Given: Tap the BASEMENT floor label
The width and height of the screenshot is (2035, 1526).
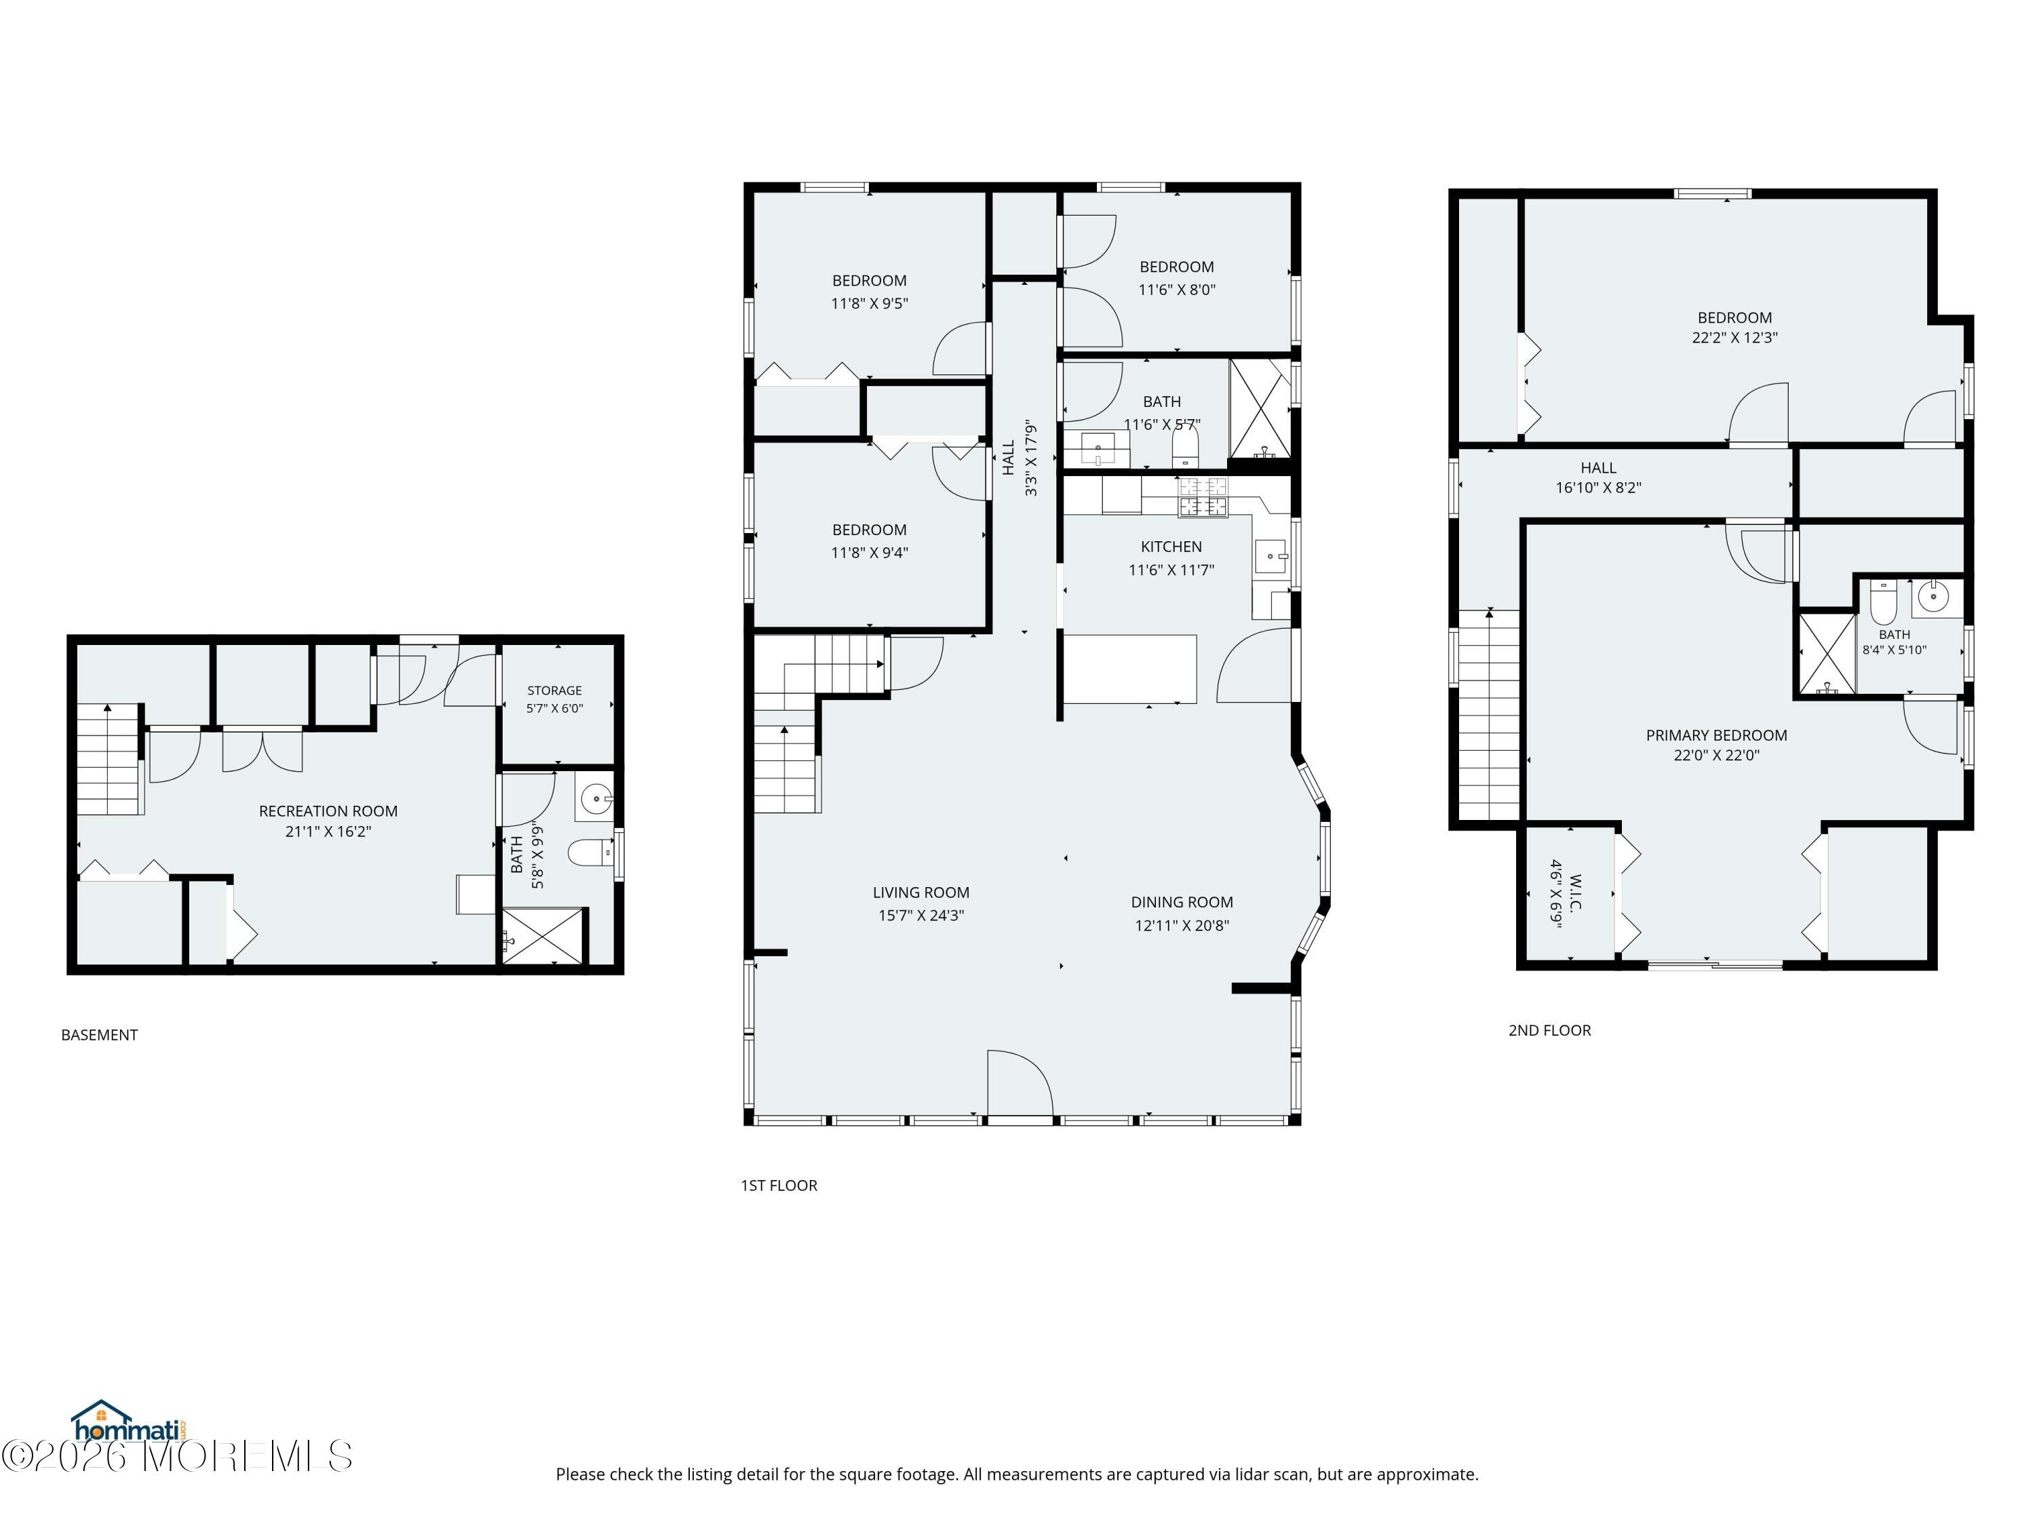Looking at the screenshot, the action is (x=99, y=1035).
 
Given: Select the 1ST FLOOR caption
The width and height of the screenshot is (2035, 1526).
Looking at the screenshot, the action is (x=779, y=1186).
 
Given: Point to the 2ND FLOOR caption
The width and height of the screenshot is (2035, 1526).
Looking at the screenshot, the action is (x=1549, y=1030).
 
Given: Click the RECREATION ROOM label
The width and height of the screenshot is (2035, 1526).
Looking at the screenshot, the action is (x=328, y=811).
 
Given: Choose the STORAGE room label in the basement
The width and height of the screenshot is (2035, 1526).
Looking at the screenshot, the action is (x=555, y=691).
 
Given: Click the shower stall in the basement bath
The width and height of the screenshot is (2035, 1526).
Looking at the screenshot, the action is (x=543, y=937).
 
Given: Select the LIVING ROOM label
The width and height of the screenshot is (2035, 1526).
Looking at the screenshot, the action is (x=921, y=893).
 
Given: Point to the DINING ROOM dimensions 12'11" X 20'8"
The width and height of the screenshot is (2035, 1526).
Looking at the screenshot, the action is (x=1182, y=925).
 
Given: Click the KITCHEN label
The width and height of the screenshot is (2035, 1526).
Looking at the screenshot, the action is (x=1171, y=547).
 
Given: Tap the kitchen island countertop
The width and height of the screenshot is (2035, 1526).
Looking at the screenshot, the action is (x=1131, y=669).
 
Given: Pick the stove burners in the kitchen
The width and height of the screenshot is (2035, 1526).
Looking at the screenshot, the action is (x=1203, y=496).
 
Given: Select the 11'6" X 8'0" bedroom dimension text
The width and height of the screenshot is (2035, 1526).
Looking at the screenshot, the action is (x=1177, y=290).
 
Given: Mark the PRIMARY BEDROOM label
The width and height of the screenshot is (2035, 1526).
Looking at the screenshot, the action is (x=1717, y=735).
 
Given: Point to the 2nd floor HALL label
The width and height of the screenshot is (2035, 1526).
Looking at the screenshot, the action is (x=1599, y=468).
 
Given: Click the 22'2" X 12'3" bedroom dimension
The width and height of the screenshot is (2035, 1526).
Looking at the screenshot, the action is (x=1735, y=338).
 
